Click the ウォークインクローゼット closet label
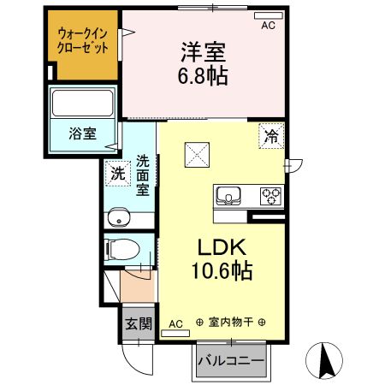[x=82, y=41]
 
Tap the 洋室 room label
[x=203, y=51]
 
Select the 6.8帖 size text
[x=203, y=76]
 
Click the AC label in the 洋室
[x=268, y=26]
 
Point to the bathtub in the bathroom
[x=82, y=105]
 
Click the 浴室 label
[x=82, y=134]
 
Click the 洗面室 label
[x=143, y=174]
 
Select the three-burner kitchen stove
[x=271, y=196]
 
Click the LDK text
[x=223, y=248]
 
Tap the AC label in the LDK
[x=175, y=324]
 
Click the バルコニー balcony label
[x=231, y=361]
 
